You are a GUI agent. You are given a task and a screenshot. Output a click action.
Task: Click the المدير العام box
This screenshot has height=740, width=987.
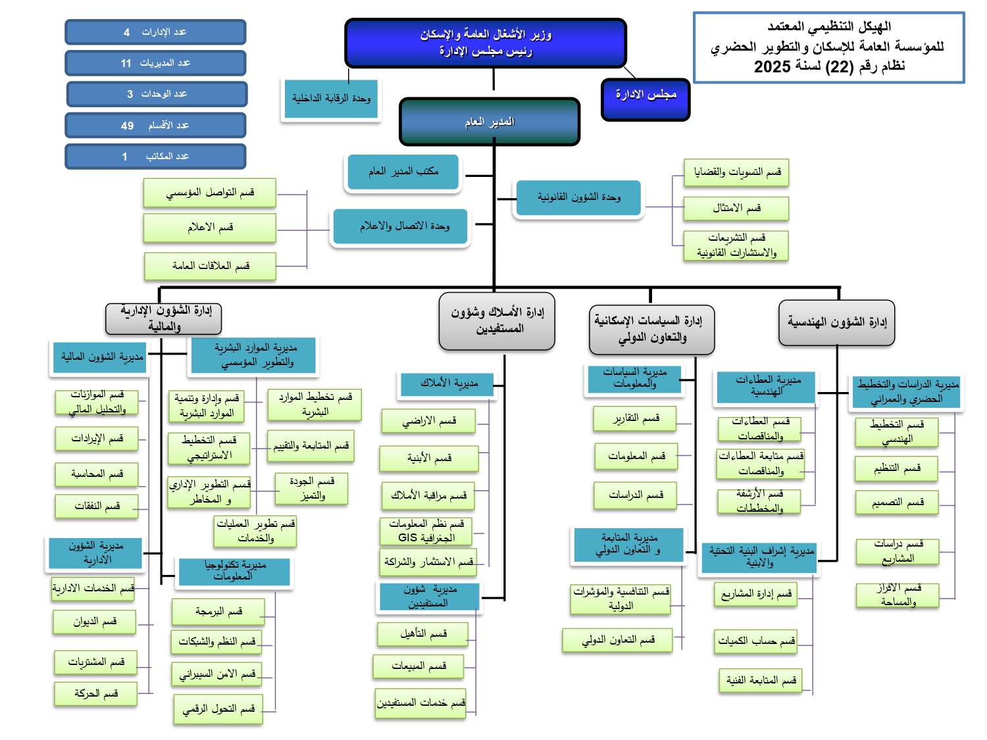click(x=490, y=122)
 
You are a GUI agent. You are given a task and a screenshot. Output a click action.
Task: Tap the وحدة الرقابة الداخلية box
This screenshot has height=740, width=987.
click(x=331, y=99)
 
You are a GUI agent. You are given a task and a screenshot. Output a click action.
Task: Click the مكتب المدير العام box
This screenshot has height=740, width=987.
click(x=403, y=172)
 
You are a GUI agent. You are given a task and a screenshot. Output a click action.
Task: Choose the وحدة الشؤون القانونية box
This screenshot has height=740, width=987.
click(x=578, y=197)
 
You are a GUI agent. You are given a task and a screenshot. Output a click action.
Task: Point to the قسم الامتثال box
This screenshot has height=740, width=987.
click(x=736, y=208)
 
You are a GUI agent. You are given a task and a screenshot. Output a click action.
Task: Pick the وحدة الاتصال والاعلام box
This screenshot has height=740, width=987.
click(x=401, y=226)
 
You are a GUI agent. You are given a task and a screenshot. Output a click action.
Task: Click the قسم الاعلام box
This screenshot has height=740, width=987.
click(x=210, y=228)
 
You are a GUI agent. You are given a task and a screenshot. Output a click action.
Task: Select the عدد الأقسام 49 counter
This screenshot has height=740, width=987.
click(x=155, y=125)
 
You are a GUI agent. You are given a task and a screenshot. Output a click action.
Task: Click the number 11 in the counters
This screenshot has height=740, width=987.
click(x=126, y=63)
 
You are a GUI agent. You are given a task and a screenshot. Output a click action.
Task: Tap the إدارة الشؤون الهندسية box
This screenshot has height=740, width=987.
click(x=836, y=322)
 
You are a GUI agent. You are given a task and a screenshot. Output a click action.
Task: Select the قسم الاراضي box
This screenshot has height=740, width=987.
click(x=428, y=421)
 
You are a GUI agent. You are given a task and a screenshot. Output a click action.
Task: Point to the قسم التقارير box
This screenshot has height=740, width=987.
click(x=635, y=418)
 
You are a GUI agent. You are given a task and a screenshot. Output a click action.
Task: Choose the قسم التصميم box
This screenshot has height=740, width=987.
click(x=897, y=503)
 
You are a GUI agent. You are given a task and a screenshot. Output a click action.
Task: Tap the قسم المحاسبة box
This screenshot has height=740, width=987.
click(x=97, y=474)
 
